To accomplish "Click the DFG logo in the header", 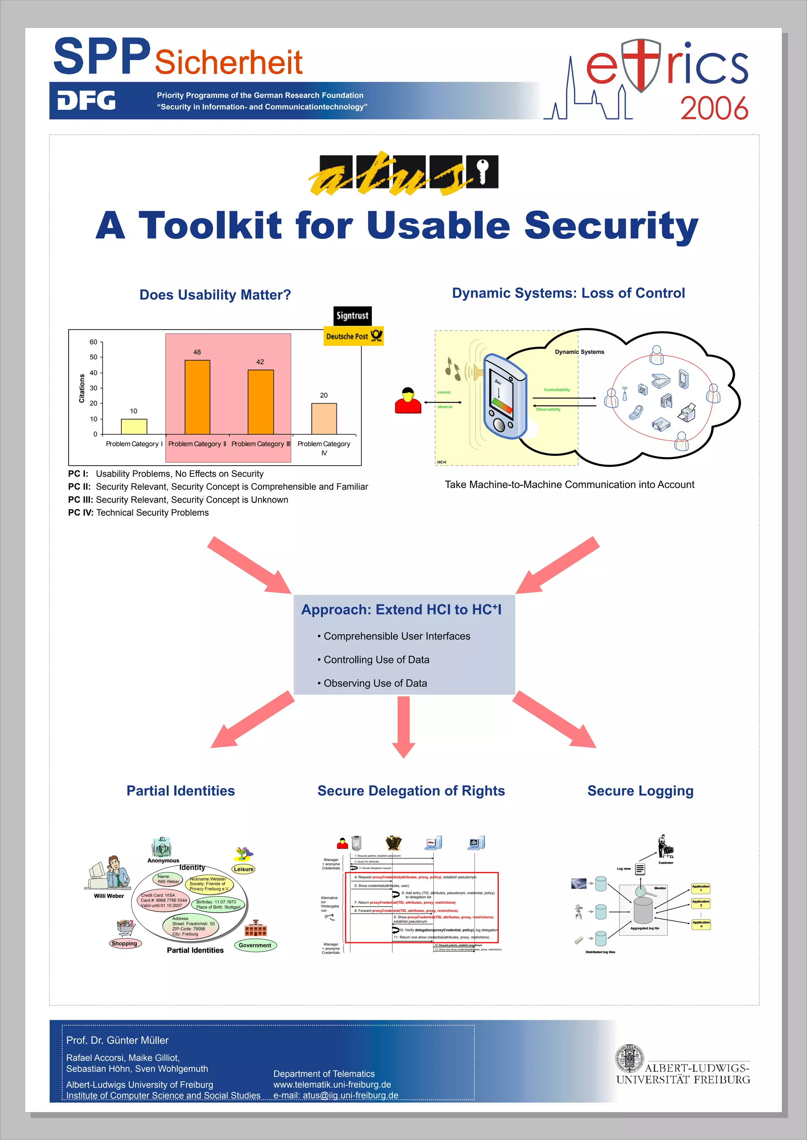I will [x=86, y=100].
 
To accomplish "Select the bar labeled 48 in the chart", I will [x=197, y=397].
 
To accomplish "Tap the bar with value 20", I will [x=324, y=418].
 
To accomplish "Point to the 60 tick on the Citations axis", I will [x=93, y=342].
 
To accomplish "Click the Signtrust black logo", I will [x=352, y=316].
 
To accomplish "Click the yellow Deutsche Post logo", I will [x=353, y=336].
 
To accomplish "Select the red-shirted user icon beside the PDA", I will [x=408, y=401].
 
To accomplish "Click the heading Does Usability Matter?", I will [x=215, y=295].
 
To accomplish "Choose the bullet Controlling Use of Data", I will [x=376, y=659].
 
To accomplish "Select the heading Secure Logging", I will [x=640, y=790].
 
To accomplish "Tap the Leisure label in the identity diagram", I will [x=244, y=869].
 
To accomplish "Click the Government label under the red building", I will [x=255, y=945].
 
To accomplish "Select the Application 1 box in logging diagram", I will [x=701, y=888].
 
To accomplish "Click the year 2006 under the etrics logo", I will [x=714, y=109].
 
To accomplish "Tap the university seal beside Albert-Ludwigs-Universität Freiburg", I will [x=629, y=1058].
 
